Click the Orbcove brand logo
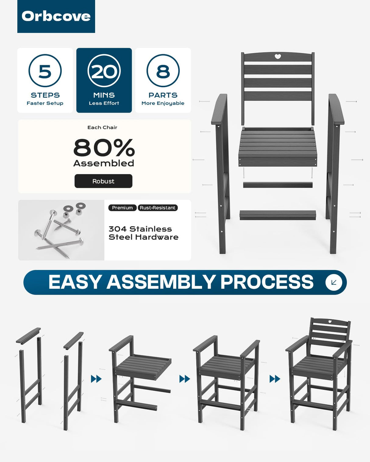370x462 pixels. click(56, 16)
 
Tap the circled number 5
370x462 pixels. click(45, 71)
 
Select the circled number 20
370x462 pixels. click(104, 71)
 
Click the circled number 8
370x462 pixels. click(163, 71)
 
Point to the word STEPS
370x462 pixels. click(45, 95)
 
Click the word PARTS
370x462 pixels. click(163, 95)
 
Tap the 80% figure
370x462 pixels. click(104, 148)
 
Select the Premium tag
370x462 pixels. click(122, 208)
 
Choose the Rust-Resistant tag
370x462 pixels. click(158, 208)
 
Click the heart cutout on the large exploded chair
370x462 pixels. click(278, 57)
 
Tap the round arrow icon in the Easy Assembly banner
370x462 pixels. click(334, 282)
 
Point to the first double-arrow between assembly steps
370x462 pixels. click(96, 379)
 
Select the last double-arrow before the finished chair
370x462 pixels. click(275, 379)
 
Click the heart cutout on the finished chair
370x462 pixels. click(330, 327)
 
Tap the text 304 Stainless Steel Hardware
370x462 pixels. click(144, 233)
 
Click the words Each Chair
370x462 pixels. click(102, 128)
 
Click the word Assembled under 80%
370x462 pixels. click(104, 163)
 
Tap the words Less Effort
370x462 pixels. click(104, 103)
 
